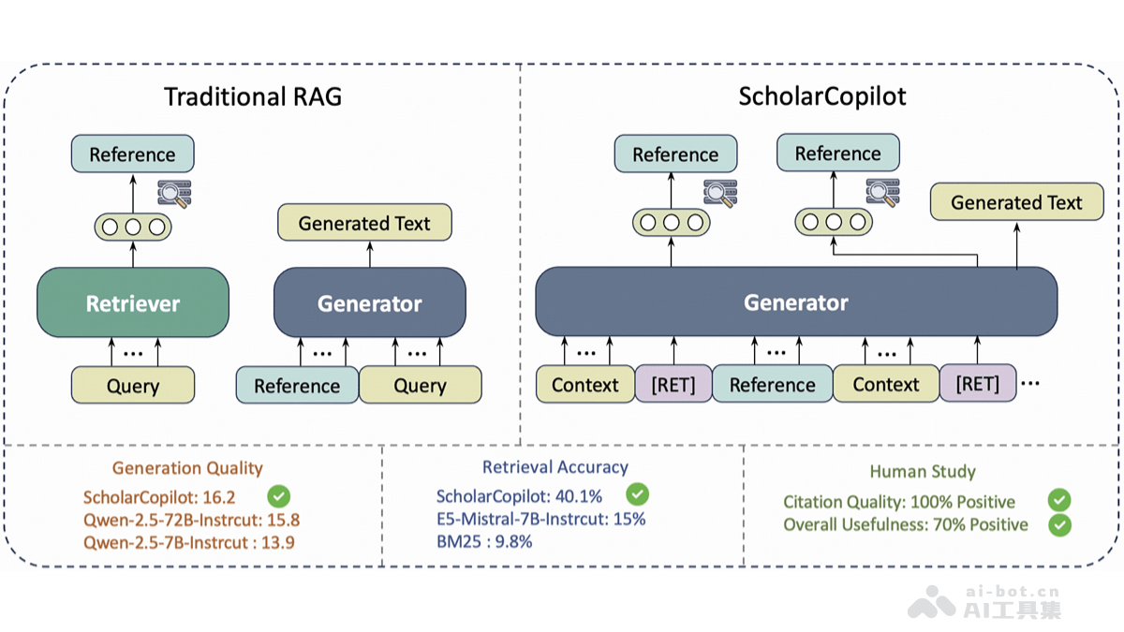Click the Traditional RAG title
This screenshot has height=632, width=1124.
253,97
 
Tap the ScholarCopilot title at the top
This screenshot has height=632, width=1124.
821,96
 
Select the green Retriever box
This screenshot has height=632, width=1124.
132,302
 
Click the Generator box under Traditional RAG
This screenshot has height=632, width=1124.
369,302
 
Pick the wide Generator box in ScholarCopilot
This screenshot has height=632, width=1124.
795,302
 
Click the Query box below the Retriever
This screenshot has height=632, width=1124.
132,386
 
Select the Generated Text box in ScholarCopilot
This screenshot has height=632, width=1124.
1016,202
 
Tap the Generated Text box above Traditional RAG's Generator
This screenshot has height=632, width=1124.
364,223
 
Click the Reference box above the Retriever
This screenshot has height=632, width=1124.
132,154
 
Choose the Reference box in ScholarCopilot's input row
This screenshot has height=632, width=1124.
772,385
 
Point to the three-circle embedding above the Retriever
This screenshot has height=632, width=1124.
132,226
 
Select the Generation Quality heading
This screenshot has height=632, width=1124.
187,468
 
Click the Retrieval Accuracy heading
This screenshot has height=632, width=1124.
555,466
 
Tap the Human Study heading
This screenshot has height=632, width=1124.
923,472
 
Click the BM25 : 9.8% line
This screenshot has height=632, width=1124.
484,541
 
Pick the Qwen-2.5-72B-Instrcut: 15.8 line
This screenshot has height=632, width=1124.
191,520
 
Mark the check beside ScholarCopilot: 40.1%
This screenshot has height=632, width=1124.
637,493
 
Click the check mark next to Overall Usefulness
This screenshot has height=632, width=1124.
1059,524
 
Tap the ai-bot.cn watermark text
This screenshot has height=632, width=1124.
1012,591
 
